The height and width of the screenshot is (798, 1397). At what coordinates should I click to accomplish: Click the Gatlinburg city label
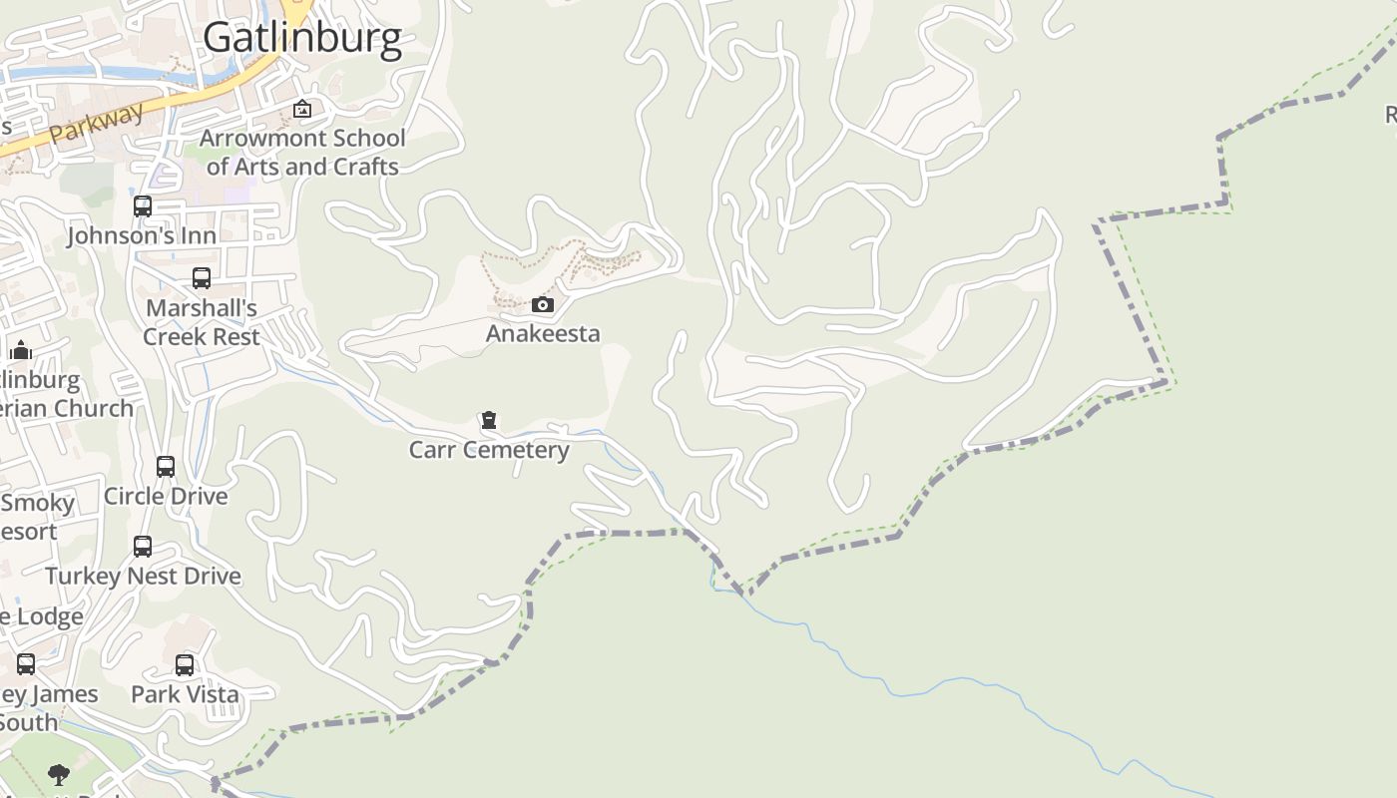pos(302,38)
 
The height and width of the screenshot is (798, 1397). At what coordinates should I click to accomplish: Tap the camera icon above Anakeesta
pos(542,304)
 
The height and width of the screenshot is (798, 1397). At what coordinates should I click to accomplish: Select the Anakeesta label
pos(543,333)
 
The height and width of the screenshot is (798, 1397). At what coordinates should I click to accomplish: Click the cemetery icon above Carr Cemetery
pos(489,420)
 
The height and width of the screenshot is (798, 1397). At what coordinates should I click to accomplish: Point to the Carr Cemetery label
pos(489,450)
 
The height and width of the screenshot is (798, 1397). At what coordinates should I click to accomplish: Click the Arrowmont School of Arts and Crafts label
pos(302,152)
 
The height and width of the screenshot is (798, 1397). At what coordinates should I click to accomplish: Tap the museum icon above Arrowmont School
pos(302,109)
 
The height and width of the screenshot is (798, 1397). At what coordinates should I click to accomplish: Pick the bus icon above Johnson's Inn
pos(143,206)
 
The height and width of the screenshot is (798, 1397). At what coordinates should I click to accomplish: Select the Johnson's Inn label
pos(142,236)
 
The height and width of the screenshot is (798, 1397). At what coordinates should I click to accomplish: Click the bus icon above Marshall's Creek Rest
pos(202,278)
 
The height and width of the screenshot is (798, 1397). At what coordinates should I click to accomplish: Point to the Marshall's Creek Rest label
pos(202,322)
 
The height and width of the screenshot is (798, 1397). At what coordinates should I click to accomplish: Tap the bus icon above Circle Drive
pos(166,467)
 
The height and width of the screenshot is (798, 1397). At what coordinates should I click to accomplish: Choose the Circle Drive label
pos(166,496)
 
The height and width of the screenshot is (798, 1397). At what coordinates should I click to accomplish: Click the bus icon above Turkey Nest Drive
pos(143,547)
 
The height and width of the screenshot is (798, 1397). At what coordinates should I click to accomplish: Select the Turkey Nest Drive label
pos(144,576)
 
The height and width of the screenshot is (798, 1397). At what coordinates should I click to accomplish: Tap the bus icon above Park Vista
pos(185,665)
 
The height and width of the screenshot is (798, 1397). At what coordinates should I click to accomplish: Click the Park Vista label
pos(186,694)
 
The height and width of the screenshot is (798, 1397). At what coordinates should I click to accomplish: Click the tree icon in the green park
pos(59,774)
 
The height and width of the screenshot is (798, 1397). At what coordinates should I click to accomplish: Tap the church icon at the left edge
pos(21,350)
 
